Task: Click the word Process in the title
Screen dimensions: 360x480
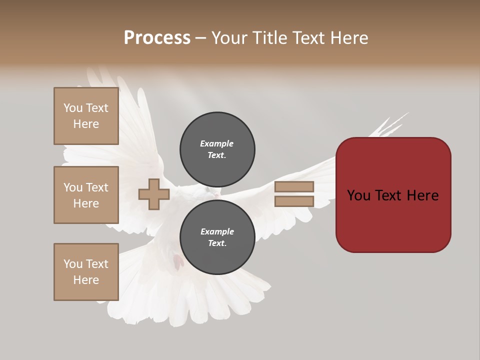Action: pyautogui.click(x=157, y=38)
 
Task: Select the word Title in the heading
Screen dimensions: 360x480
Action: pyautogui.click(x=269, y=38)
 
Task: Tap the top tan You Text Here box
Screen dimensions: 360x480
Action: pyautogui.click(x=86, y=116)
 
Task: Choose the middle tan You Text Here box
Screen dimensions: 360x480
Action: pyautogui.click(x=86, y=195)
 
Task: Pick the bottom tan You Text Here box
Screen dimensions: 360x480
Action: pyautogui.click(x=86, y=272)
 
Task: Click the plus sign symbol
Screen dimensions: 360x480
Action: pyautogui.click(x=154, y=194)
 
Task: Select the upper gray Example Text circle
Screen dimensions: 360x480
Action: pyautogui.click(x=217, y=149)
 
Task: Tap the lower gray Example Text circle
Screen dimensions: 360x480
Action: pyautogui.click(x=217, y=237)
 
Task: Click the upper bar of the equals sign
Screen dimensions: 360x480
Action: pyautogui.click(x=294, y=187)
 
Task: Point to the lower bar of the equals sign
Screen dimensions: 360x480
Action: pyautogui.click(x=294, y=201)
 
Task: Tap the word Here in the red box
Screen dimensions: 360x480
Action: pyautogui.click(x=422, y=195)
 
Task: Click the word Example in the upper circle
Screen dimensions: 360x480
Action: pyautogui.click(x=217, y=143)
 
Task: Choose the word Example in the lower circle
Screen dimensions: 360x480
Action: pyautogui.click(x=217, y=231)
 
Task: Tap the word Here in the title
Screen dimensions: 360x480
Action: pyautogui.click(x=347, y=38)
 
